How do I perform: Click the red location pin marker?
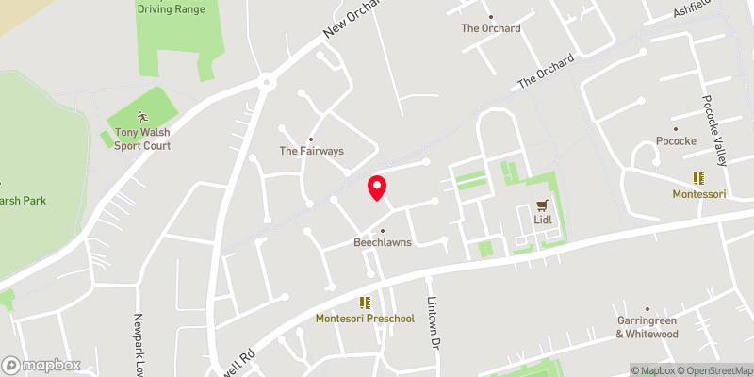pyautogui.click(x=377, y=188)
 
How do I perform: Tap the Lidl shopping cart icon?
pyautogui.click(x=542, y=205)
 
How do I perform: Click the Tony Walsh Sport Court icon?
pyautogui.click(x=142, y=117)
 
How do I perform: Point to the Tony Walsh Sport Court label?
pyautogui.click(x=142, y=139)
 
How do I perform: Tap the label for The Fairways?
pyautogui.click(x=311, y=151)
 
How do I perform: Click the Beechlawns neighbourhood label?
pyautogui.click(x=383, y=242)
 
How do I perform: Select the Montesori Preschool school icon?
pyautogui.click(x=365, y=303)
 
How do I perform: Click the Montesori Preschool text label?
pyautogui.click(x=365, y=319)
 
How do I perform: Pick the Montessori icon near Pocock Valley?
pyautogui.click(x=698, y=177)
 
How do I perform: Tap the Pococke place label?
pyautogui.click(x=675, y=141)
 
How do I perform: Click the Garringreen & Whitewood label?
pyautogui.click(x=647, y=327)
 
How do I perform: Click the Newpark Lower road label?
pyautogui.click(x=138, y=343)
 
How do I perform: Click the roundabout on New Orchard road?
pyautogui.click(x=268, y=82)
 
